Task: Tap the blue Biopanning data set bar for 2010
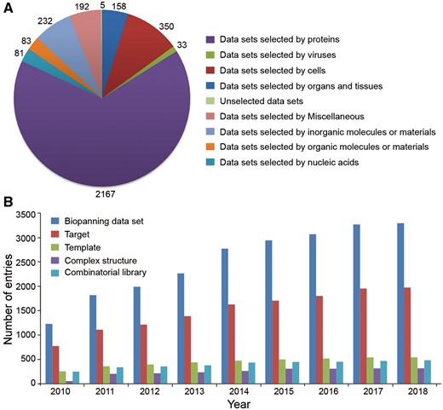pos(49,354)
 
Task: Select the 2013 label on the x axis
pos(193,391)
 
